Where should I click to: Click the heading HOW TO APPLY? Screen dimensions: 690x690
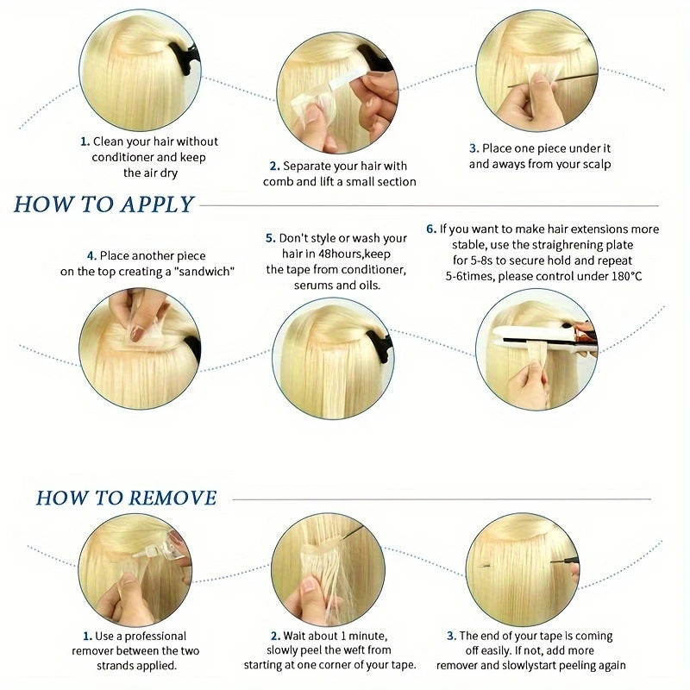pyautogui.click(x=103, y=204)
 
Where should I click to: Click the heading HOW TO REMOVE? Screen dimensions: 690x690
pyautogui.click(x=126, y=499)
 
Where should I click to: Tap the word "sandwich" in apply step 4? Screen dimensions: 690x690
pyautogui.click(x=204, y=272)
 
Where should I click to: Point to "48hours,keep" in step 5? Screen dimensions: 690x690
pyautogui.click(x=354, y=254)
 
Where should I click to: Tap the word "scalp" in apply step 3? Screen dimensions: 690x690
pyautogui.click(x=597, y=165)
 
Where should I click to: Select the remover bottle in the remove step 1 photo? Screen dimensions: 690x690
pyautogui.click(x=165, y=548)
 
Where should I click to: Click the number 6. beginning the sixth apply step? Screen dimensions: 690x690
pyautogui.click(x=430, y=229)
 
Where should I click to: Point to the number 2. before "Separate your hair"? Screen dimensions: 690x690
pyautogui.click(x=274, y=166)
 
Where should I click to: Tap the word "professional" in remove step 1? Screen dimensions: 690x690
pyautogui.click(x=155, y=637)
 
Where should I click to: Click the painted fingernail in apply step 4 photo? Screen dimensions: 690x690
pyautogui.click(x=136, y=335)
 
